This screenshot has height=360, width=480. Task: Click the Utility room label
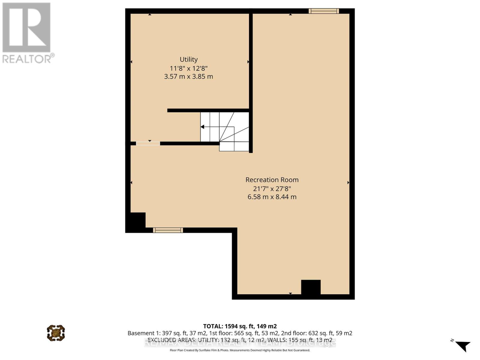coord(189,59)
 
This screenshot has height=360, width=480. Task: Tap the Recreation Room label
coord(272,180)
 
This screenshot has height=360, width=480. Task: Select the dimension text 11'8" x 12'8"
coord(189,68)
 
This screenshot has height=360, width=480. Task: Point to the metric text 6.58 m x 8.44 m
coord(272,197)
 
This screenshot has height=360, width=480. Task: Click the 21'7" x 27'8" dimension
coord(272,188)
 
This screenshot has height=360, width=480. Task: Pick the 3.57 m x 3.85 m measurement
coord(189,76)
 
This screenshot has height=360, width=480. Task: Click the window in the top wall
coord(324,11)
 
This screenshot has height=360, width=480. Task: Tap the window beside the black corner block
coord(168,230)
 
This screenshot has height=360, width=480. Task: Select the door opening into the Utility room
coord(148,143)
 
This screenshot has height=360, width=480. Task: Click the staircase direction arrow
coord(203,127)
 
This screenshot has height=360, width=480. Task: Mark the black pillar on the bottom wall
coord(311,287)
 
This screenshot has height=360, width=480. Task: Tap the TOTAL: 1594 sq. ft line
coord(240,326)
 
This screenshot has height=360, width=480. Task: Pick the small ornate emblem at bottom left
coord(56,333)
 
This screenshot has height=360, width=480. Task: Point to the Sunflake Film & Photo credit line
coord(240,350)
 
